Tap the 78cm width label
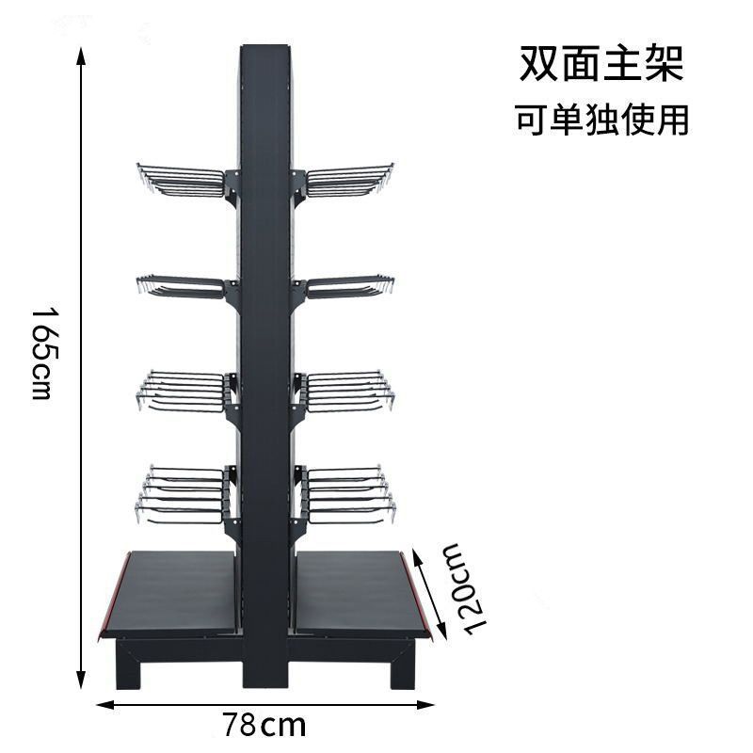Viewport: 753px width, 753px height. (x=264, y=726)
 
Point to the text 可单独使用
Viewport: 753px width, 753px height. (x=601, y=120)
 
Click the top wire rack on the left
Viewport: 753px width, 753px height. (x=181, y=181)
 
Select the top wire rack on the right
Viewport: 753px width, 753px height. (x=349, y=181)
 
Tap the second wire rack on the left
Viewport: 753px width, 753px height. (x=181, y=286)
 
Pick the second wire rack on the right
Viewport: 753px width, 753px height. (x=349, y=286)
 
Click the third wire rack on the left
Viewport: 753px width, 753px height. (x=183, y=392)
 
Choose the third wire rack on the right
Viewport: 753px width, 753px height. (x=347, y=392)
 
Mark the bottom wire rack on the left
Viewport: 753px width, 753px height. (x=184, y=493)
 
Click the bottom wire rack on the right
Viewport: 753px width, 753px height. (x=346, y=493)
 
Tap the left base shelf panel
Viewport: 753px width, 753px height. (x=174, y=593)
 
